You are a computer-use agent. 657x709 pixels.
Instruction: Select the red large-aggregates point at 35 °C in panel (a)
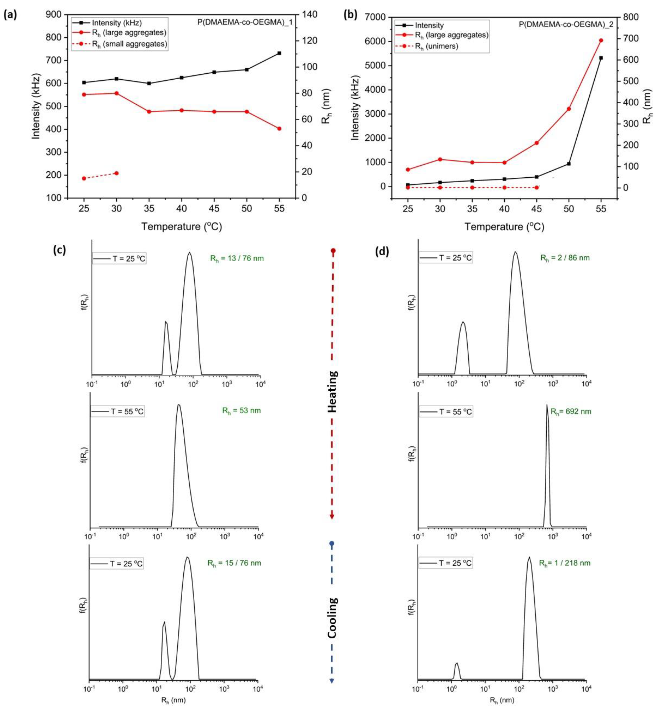pos(149,112)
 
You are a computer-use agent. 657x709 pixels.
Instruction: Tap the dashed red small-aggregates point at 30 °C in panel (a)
pos(117,173)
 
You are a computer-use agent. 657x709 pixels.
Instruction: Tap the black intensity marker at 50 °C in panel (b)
pos(569,164)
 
